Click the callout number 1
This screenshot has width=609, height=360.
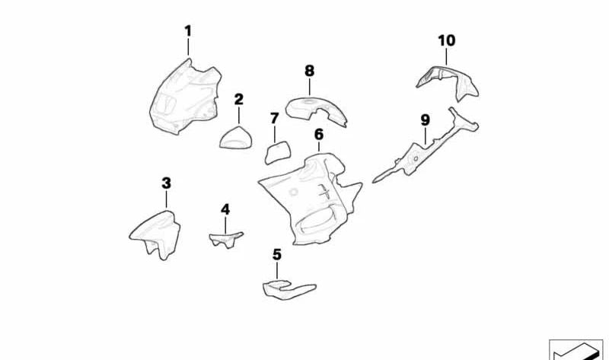tap(188, 31)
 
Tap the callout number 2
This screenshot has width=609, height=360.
tap(239, 99)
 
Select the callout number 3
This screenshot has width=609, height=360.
tap(167, 183)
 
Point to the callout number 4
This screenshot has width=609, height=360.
tap(225, 209)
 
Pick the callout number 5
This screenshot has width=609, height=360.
tap(277, 254)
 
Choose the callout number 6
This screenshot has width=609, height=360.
tap(319, 135)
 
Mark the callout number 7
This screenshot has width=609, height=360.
tap(275, 119)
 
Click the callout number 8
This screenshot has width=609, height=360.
tap(309, 71)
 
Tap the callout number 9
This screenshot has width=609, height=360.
tap(425, 120)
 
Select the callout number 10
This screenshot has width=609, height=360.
tap(447, 40)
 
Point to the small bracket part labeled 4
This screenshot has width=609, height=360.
tap(225, 239)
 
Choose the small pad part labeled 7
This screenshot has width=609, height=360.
tap(276, 151)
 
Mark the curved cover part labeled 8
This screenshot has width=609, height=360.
tap(316, 111)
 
